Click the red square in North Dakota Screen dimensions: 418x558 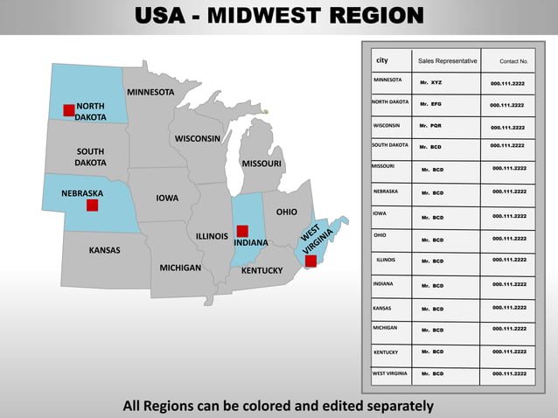coord(69,109)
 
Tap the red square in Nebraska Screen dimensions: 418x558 coord(92,205)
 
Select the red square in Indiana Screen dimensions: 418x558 coord(242,231)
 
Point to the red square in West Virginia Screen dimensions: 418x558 coord(310,261)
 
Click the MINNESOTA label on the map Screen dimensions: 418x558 coord(150,92)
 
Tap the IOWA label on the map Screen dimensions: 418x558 coord(167,198)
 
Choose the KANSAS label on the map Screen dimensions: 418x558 coord(105,250)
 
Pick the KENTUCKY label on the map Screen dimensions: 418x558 coord(262,270)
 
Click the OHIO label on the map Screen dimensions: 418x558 coord(287,212)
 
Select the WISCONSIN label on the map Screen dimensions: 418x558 coord(198,138)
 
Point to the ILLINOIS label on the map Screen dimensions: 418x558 coord(212,236)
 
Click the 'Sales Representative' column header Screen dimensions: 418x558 coord(448,61)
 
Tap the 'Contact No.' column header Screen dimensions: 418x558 coord(513,61)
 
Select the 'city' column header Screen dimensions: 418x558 coord(382,60)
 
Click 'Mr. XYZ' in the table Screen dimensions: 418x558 coord(430,82)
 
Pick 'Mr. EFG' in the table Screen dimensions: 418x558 coord(430,104)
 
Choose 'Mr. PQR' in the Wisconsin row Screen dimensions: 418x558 coord(430,126)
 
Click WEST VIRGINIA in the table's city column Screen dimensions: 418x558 coord(389,373)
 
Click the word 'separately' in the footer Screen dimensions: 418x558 coord(392,406)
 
